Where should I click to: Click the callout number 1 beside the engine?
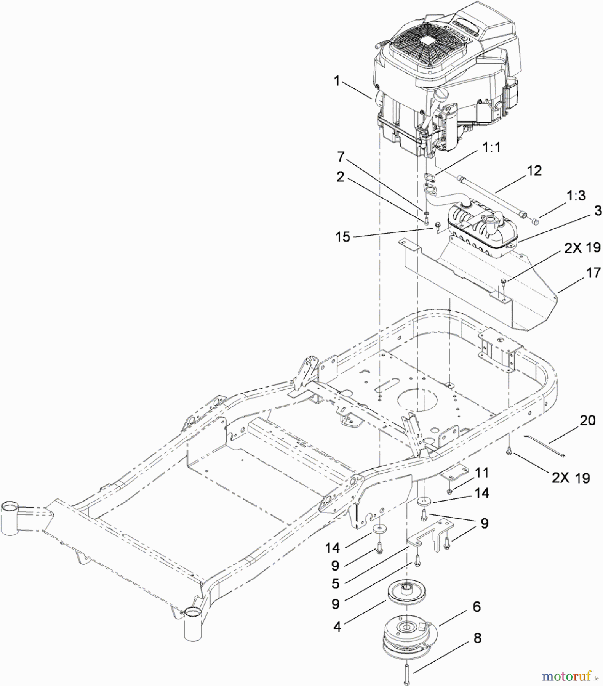click(336, 81)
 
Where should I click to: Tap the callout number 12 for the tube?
click(534, 171)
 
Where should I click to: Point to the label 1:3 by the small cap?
click(576, 196)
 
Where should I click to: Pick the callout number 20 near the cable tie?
click(587, 420)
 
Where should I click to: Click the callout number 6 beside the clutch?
click(477, 606)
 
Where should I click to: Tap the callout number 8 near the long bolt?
click(477, 638)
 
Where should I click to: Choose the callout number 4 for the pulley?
click(337, 626)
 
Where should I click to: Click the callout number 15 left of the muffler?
click(342, 237)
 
